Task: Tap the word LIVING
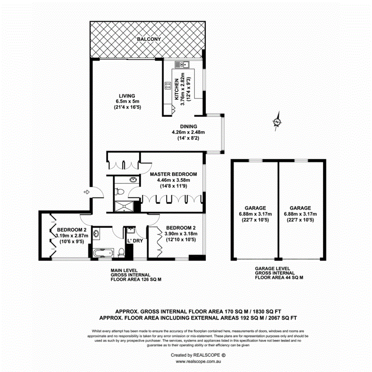pyautogui.click(x=127, y=96)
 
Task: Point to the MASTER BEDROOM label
pyautogui.click(x=173, y=174)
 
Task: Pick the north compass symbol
pyautogui.click(x=276, y=122)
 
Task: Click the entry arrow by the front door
pyautogui.click(x=85, y=192)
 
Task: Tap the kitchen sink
pyautogui.click(x=182, y=65)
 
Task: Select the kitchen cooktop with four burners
pyautogui.click(x=167, y=85)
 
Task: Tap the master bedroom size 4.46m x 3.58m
pyautogui.click(x=173, y=180)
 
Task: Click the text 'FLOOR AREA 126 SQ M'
pyautogui.click(x=136, y=280)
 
